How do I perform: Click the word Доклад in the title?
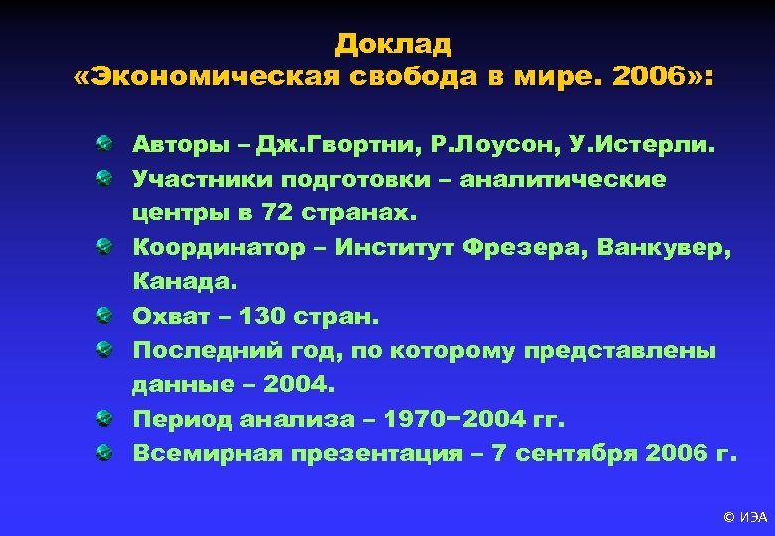[393, 44]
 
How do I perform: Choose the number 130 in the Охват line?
[269, 317]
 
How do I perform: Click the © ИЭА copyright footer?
[744, 517]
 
